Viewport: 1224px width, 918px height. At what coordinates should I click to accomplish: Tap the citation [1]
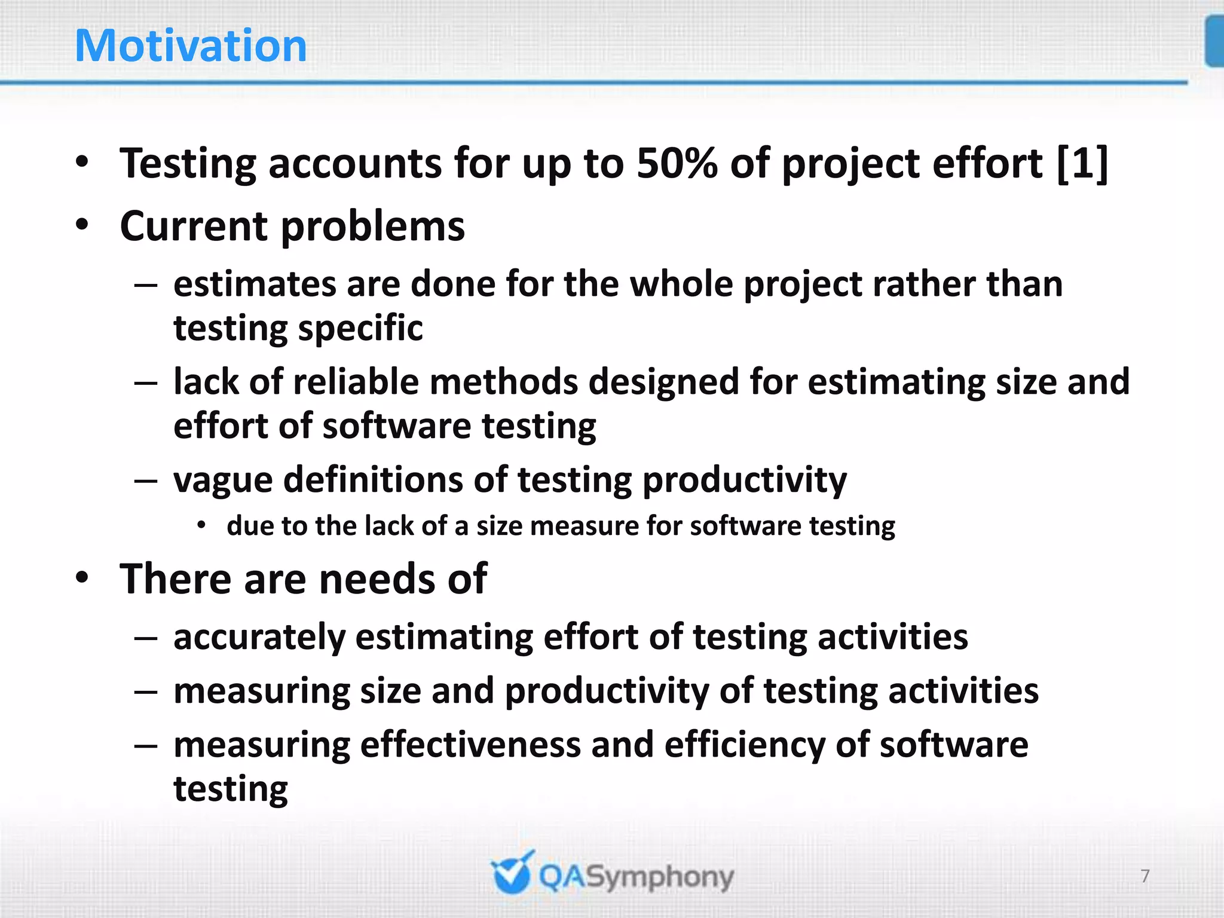[x=1082, y=163]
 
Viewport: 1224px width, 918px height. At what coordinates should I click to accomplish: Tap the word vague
[x=222, y=481]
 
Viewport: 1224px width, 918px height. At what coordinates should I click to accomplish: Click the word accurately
[x=259, y=637]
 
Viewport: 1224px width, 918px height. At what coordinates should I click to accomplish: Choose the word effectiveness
[x=470, y=745]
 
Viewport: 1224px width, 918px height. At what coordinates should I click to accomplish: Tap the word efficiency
[x=744, y=745]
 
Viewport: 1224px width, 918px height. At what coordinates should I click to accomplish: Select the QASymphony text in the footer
[x=636, y=877]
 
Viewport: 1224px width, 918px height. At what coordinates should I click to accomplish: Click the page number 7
[x=1145, y=876]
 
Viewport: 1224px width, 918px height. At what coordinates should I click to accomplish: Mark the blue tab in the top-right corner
[x=1214, y=42]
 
